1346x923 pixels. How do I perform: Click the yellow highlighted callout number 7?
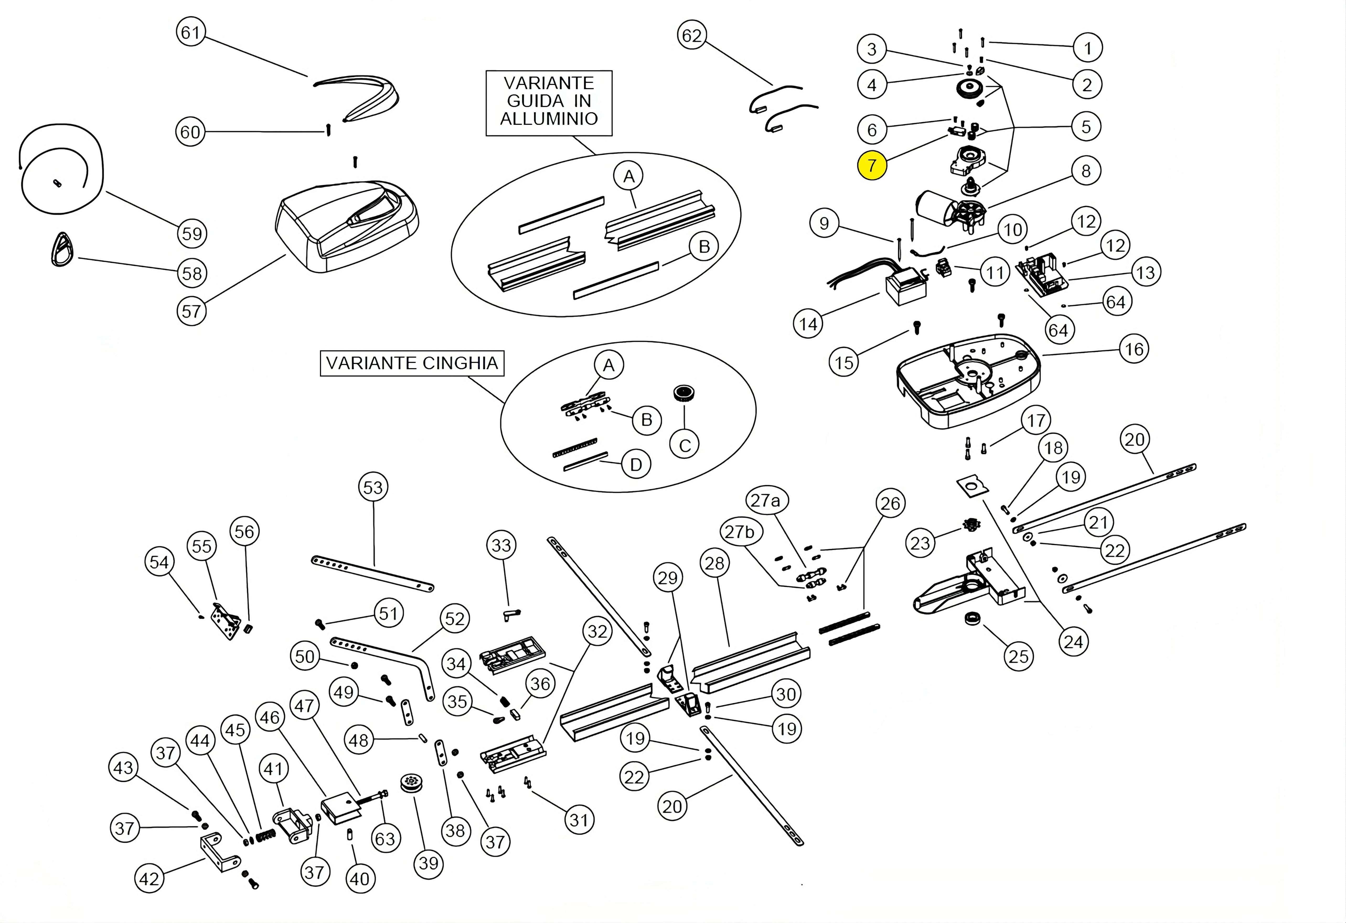[872, 166]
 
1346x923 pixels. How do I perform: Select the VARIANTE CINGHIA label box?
[412, 363]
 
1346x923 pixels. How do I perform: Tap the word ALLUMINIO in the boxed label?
[548, 119]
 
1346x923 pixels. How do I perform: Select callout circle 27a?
[765, 500]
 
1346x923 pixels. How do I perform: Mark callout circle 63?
[385, 839]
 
